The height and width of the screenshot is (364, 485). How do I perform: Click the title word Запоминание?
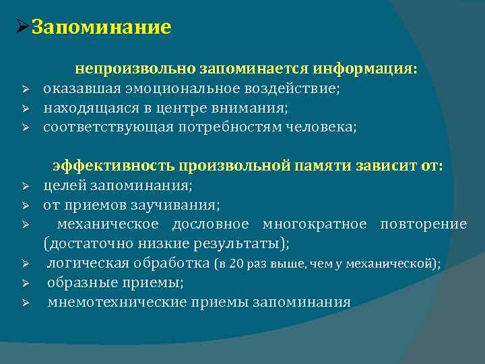(x=102, y=28)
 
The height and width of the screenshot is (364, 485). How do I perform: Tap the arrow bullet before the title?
(x=21, y=28)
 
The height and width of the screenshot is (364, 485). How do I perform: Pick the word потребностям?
(x=226, y=127)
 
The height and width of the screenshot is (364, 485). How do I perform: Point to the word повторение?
(x=423, y=224)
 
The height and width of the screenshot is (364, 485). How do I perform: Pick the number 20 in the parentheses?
(x=237, y=264)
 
